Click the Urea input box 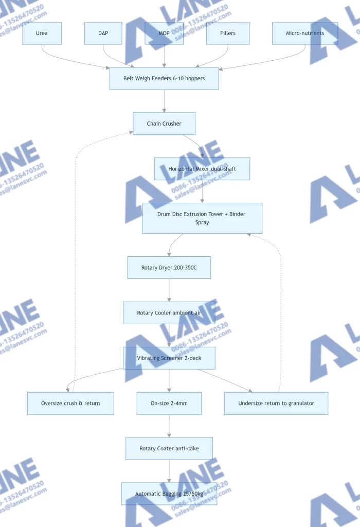pos(42,33)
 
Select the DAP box pos(103,33)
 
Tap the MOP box pos(164,33)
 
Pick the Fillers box pos(228,33)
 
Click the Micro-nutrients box pos(305,33)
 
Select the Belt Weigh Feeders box pos(164,78)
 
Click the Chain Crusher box pos(164,124)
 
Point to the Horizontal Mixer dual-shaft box pos(202,169)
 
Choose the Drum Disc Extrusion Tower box pos(202,218)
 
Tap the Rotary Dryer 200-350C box pos(169,268)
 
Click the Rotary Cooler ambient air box pos(169,313)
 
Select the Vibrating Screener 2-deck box pos(169,358)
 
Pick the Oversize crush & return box pos(70,403)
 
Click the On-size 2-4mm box pos(169,403)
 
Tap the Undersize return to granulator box pos(276,403)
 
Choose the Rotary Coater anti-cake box pos(169,448)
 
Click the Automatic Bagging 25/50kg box pos(169,494)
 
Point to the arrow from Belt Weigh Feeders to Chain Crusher pos(164,101)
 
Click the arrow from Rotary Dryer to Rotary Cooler pos(169,290)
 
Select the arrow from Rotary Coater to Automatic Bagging pos(169,471)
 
